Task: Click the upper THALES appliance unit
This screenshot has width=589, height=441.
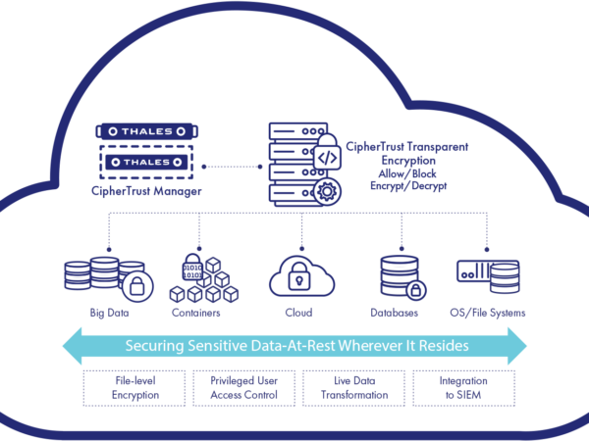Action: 146,131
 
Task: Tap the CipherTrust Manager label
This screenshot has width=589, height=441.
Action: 146,191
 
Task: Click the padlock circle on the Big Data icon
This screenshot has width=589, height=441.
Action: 137,287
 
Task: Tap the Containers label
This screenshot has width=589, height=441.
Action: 196,314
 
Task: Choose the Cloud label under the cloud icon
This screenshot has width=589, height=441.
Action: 297,314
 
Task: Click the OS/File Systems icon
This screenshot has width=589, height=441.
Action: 487,274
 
